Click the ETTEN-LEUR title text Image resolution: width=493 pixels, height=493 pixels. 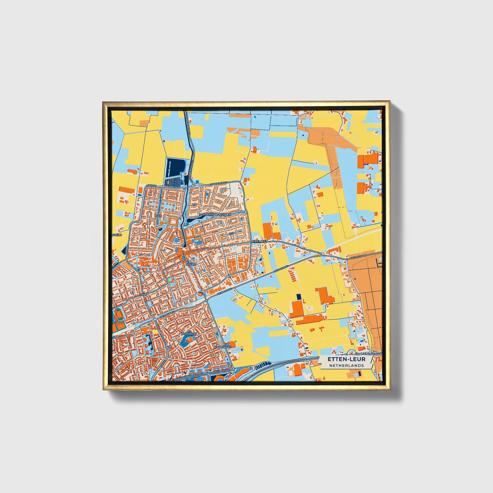coord(346,359)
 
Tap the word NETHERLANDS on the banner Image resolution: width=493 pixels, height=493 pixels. coord(346,365)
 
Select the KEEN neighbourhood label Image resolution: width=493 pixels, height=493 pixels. coord(158,216)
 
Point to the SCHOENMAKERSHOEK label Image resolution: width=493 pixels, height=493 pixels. coord(216,215)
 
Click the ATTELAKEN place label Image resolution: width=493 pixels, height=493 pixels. coord(260,241)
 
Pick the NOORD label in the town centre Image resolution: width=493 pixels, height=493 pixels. coord(191,264)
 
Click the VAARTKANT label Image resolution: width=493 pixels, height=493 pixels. coord(222,347)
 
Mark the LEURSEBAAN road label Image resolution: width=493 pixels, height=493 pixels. coord(359,258)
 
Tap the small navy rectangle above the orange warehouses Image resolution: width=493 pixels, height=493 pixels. coord(299,296)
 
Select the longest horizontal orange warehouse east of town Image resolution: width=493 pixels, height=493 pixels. coord(310,319)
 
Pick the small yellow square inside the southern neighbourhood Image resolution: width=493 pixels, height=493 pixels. coord(154,332)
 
